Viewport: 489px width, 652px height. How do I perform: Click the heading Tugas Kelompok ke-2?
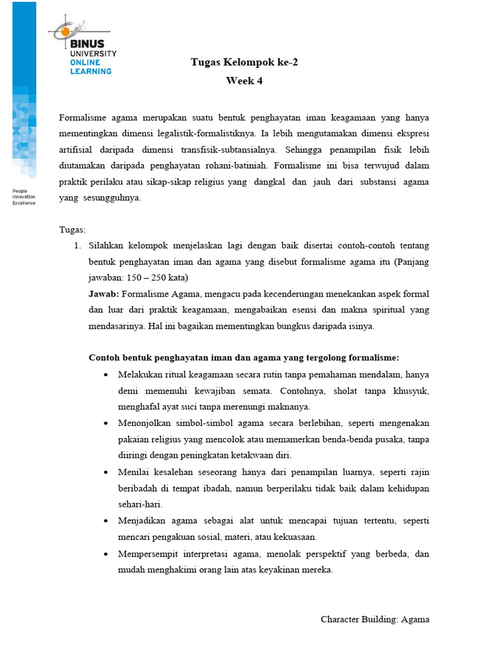pos(244,62)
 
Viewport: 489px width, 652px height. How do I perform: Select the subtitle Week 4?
pos(244,81)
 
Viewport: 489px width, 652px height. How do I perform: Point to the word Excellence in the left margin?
pos(24,202)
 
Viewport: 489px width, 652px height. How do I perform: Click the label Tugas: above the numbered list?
pos(72,229)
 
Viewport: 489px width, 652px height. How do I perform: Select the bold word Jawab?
pos(103,294)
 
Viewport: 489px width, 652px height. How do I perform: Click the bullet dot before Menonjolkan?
pos(105,423)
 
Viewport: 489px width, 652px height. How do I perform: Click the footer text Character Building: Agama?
pos(375,619)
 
